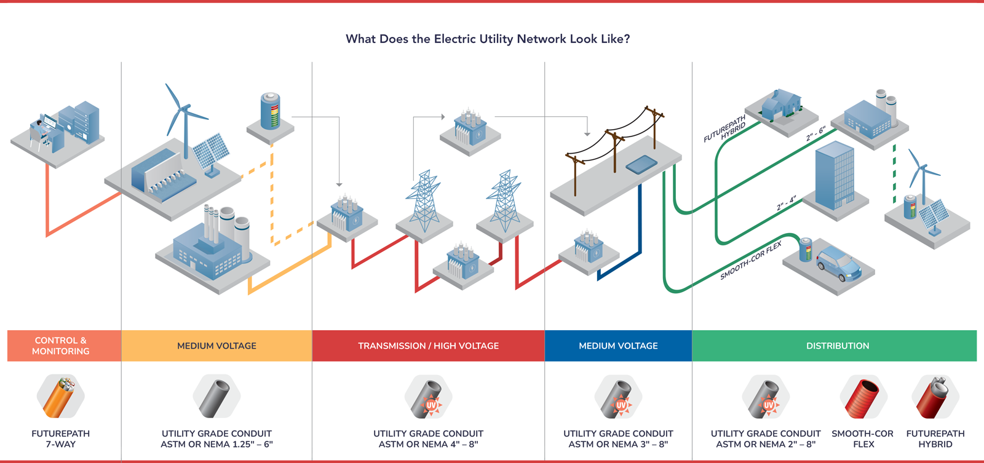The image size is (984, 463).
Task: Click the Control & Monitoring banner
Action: (60, 346)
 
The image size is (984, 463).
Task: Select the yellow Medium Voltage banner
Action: (216, 346)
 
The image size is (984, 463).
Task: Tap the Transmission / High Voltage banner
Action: (428, 346)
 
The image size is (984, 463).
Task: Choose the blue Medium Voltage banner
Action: (618, 346)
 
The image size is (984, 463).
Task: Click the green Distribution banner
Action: (837, 346)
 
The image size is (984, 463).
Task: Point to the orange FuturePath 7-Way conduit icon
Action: (60, 397)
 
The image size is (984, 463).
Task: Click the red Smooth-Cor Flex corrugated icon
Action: (863, 397)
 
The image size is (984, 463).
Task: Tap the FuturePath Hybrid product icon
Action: (935, 397)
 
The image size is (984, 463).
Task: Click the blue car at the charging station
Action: (839, 263)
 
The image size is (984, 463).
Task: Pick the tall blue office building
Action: (835, 175)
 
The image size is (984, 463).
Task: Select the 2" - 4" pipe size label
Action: (787, 204)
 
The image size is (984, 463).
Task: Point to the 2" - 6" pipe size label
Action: (816, 135)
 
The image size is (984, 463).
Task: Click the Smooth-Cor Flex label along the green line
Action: (751, 261)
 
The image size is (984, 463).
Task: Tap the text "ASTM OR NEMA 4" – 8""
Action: (428, 444)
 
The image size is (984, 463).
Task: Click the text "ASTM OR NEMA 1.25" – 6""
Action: (216, 444)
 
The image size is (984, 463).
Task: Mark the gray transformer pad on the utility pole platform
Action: (641, 164)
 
